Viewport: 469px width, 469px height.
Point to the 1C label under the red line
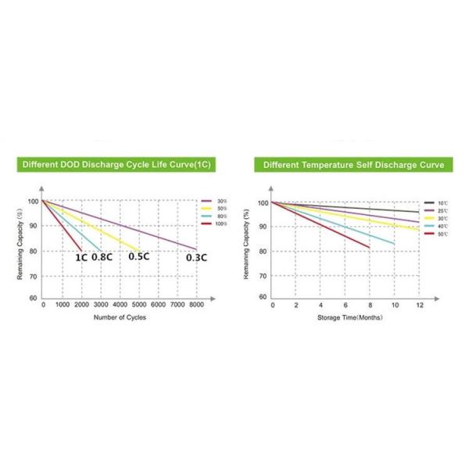[x=81, y=257]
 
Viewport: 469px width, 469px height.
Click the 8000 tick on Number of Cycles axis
[x=195, y=305]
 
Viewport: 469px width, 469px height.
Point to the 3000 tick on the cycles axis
[x=100, y=305]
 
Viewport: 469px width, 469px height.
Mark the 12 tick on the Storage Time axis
[x=419, y=305]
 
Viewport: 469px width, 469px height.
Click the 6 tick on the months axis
[x=345, y=305]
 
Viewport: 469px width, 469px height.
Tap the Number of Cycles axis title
[x=120, y=317]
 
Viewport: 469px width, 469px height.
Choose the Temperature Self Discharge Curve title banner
[x=353, y=165]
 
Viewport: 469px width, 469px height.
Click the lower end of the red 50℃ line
[x=369, y=247]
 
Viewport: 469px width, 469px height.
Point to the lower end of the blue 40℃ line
[x=393, y=244]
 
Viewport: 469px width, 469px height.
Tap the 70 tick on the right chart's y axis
[x=263, y=276]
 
